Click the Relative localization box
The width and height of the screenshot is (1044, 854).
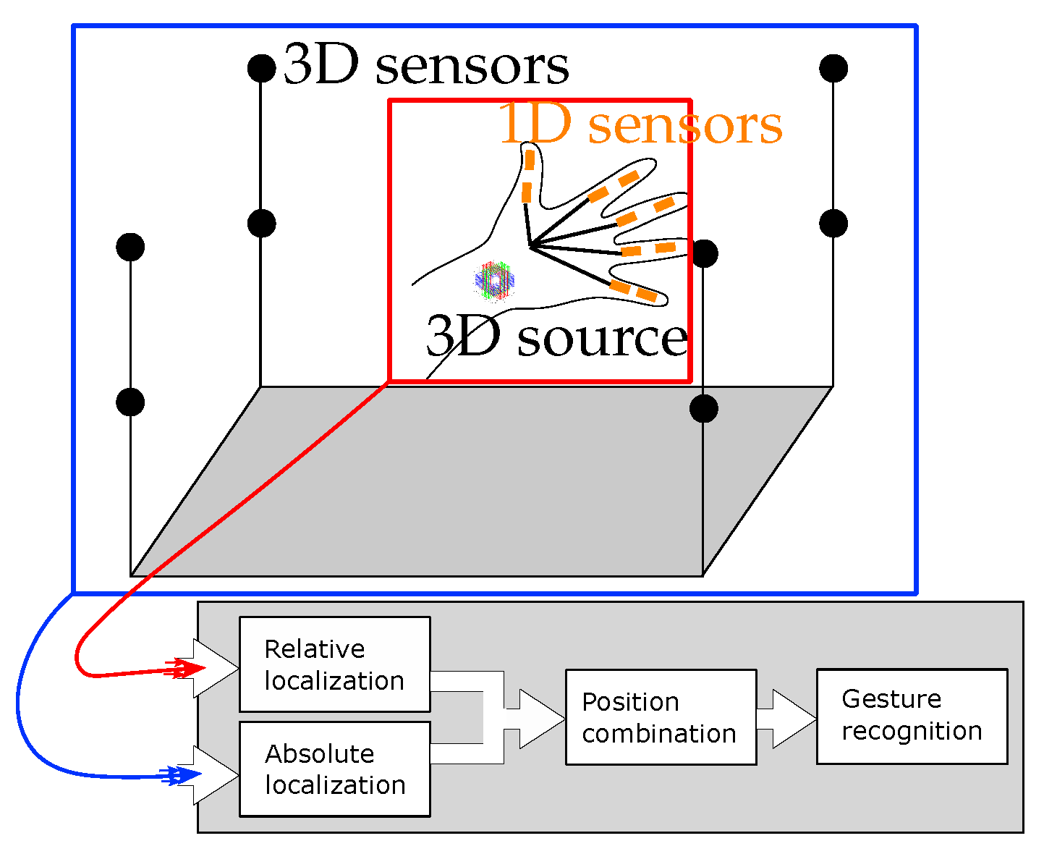(x=334, y=664)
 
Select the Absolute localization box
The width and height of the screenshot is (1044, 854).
(x=334, y=769)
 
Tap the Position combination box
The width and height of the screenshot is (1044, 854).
(x=660, y=717)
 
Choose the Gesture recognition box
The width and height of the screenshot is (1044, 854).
(x=911, y=716)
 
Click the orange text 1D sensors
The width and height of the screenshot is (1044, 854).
(x=641, y=124)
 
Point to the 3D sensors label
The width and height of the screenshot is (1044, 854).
(x=425, y=66)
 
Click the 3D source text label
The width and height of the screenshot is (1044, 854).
(x=556, y=337)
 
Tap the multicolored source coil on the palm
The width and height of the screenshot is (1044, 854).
(x=494, y=280)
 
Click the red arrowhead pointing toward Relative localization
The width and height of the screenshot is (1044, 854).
(x=185, y=669)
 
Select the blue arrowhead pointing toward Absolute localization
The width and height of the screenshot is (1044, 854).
(x=185, y=776)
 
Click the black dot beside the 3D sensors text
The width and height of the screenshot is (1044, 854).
(x=261, y=69)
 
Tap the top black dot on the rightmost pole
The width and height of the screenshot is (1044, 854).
(x=833, y=69)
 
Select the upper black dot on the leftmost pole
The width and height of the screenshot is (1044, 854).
(x=130, y=248)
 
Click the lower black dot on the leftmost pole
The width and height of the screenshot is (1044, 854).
(x=130, y=402)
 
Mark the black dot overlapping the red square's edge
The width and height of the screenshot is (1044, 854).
(x=703, y=254)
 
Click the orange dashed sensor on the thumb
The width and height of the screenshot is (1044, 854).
(x=529, y=176)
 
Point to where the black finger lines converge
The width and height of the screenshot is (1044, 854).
(x=530, y=247)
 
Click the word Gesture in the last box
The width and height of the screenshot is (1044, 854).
(x=891, y=699)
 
